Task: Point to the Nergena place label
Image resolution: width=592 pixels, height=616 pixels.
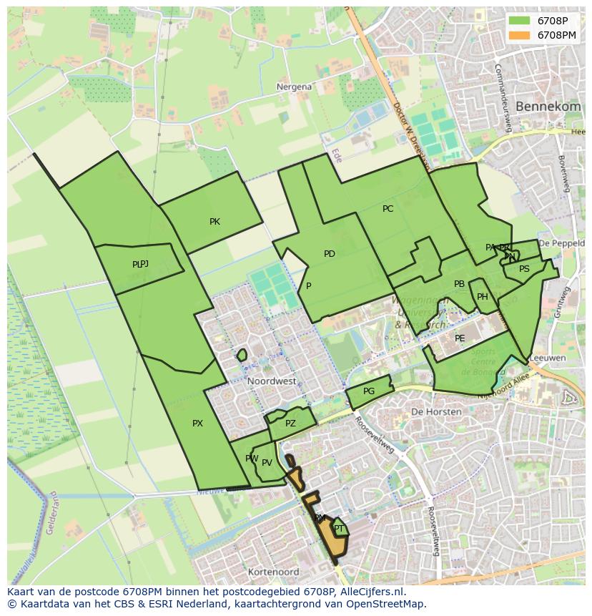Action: coord(294,87)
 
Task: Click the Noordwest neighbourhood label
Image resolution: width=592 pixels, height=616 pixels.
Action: coord(272,381)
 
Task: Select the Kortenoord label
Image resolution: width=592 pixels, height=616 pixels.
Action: coord(273,572)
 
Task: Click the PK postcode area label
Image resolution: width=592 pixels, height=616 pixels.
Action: coord(214,222)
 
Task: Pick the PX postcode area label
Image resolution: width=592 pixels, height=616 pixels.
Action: coord(197,424)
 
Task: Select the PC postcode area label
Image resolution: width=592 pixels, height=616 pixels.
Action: coord(388,209)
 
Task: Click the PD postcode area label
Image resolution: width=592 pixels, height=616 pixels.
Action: coord(329,254)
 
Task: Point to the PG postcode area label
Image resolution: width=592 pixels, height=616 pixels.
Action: coord(369,391)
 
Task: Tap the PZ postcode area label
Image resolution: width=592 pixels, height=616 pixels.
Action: coord(290,424)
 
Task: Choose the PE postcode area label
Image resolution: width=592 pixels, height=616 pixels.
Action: coord(460,338)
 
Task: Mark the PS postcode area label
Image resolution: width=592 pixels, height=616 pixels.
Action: coord(524,269)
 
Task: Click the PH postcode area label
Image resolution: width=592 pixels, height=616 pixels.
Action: coord(483,297)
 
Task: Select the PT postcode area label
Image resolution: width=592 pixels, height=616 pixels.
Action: coord(339,529)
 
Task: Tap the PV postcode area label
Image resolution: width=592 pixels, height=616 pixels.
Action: coord(267,463)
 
